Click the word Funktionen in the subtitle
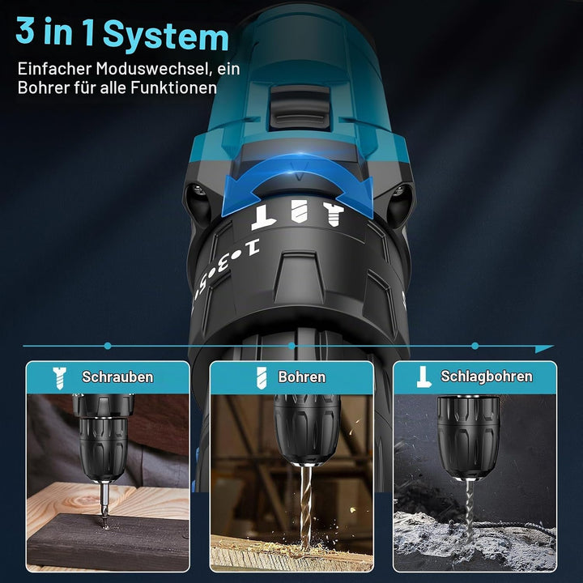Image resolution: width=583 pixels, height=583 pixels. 173,87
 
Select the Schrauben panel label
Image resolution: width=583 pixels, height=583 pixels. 117,377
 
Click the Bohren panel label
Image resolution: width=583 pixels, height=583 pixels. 301,377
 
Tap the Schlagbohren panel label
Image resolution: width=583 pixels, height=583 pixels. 487,377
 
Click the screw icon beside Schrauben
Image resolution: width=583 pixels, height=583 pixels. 59,378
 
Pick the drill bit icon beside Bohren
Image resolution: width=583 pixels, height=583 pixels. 262,378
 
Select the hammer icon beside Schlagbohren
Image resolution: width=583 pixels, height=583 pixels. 423,377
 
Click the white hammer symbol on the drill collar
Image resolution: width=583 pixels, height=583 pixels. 264,217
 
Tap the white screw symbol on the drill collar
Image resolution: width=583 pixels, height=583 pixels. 334,214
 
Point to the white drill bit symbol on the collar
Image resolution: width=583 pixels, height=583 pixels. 300,211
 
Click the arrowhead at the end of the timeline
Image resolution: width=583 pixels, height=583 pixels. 544,348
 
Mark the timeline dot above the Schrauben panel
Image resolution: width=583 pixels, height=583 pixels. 108,347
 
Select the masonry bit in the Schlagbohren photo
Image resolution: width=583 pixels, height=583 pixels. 470,510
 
